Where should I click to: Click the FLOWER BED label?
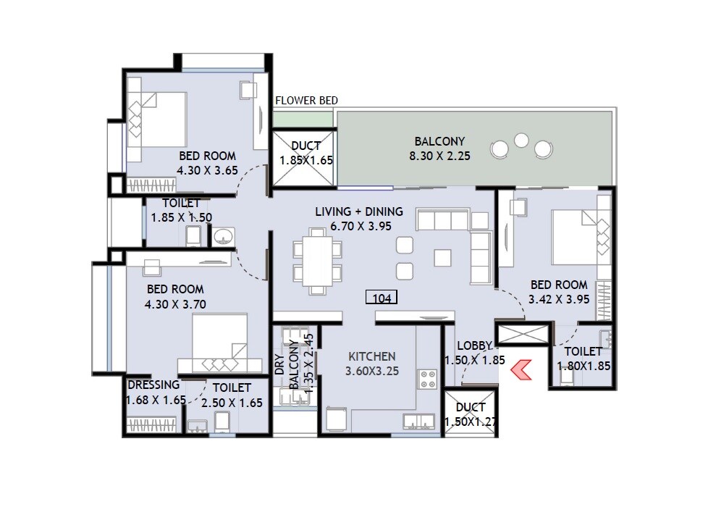click(x=306, y=101)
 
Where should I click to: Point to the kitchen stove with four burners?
click(x=427, y=378)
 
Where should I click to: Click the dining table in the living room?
click(x=317, y=261)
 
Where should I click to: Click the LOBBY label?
click(x=475, y=346)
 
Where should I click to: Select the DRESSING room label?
click(x=153, y=385)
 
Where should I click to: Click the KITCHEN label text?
click(x=372, y=356)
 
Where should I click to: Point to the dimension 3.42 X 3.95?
click(x=559, y=299)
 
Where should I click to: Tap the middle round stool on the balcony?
click(x=521, y=140)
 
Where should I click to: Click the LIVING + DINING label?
click(x=359, y=212)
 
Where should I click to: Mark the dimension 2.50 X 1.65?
click(x=232, y=403)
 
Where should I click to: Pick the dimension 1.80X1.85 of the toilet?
click(x=584, y=366)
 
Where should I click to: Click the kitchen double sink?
click(x=418, y=422)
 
